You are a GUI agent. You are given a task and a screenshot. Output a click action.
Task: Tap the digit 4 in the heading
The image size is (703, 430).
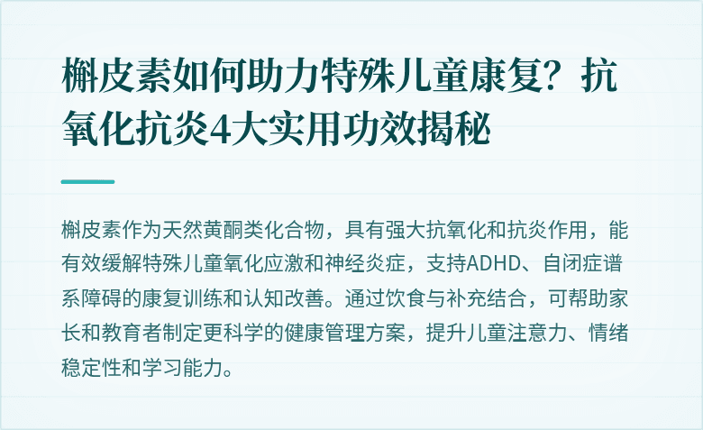(x=215, y=132)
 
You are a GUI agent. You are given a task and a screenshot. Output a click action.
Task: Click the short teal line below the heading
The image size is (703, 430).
(x=87, y=181)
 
